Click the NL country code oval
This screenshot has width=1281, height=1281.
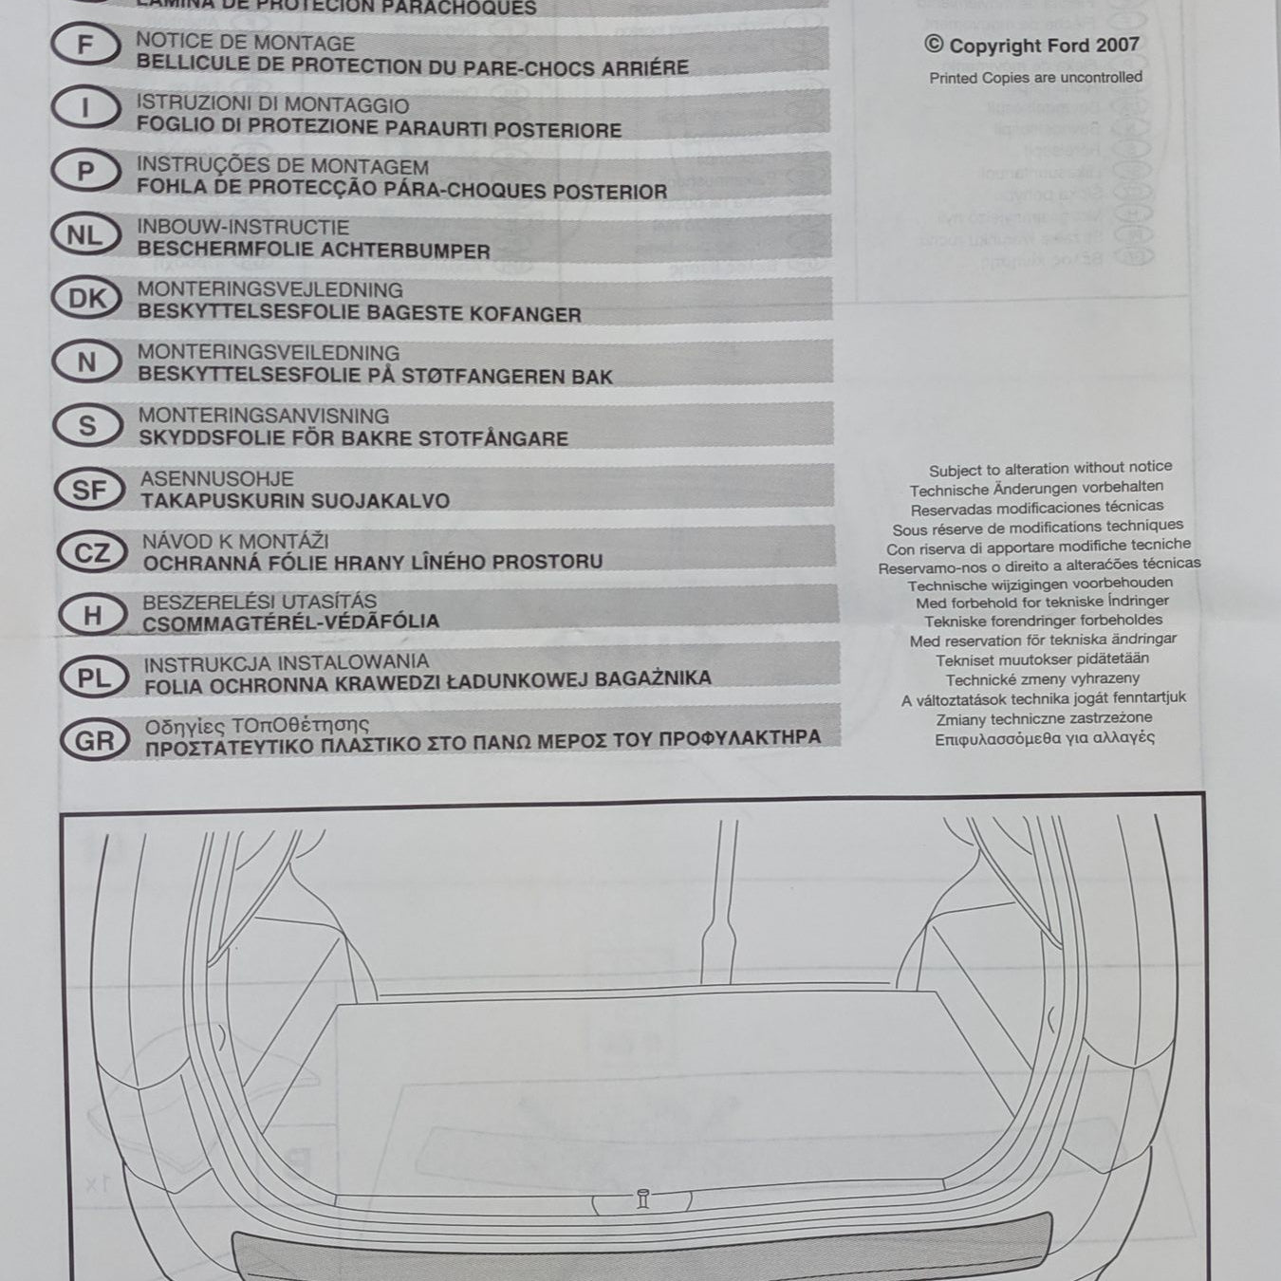[x=86, y=235]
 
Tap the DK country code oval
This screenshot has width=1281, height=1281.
[x=87, y=299]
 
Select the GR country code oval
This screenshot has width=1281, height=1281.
[x=93, y=741]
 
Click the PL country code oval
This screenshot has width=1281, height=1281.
[x=93, y=678]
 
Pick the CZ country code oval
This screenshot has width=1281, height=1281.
[x=91, y=552]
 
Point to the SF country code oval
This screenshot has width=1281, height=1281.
[x=89, y=490]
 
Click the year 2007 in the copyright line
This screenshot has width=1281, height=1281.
[x=1117, y=45]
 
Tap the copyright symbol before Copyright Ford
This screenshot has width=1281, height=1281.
[x=934, y=45]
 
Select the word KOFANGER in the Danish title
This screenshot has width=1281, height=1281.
[x=529, y=314]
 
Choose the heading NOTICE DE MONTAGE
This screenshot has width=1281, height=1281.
[x=245, y=43]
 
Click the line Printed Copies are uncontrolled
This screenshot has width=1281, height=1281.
[x=1035, y=78]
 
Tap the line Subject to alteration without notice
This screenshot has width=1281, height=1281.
[x=1049, y=469]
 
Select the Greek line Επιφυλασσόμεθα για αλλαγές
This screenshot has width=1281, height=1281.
[x=1044, y=738]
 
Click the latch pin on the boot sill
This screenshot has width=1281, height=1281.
[x=641, y=1199]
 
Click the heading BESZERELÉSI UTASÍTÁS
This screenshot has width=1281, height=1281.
[x=259, y=602]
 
